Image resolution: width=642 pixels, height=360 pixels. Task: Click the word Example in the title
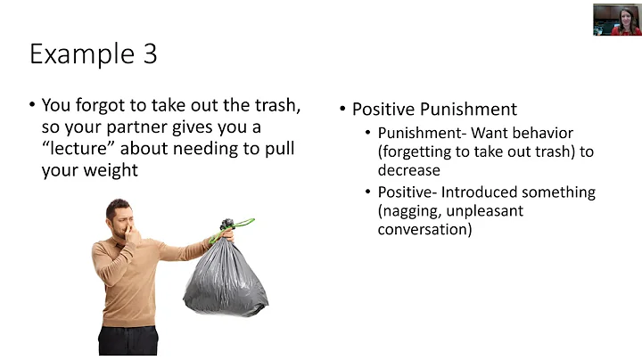(79, 54)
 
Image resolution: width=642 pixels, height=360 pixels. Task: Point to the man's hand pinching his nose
(135, 237)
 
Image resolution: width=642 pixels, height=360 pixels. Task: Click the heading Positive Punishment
(434, 110)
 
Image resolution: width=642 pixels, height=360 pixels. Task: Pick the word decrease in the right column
(408, 169)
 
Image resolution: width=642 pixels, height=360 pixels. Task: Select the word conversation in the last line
(424, 229)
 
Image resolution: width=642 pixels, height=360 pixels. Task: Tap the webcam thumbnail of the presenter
(616, 20)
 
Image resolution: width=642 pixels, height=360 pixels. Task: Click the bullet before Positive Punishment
(343, 110)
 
